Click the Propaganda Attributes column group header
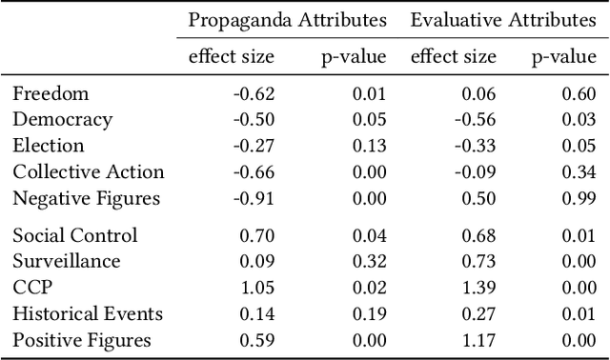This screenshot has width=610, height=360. (x=287, y=20)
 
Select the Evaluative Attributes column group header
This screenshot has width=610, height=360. (x=503, y=20)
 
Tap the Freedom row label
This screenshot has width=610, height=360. (x=51, y=93)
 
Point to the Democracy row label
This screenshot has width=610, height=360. (x=63, y=120)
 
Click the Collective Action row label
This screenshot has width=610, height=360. (x=89, y=172)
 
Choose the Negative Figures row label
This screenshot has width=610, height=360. (x=86, y=199)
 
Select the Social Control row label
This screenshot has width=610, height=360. (x=75, y=235)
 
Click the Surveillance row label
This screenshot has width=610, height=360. (x=67, y=261)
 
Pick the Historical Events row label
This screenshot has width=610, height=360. (x=88, y=313)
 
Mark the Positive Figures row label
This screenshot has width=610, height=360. (x=82, y=340)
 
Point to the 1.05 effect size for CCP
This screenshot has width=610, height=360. (x=254, y=288)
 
